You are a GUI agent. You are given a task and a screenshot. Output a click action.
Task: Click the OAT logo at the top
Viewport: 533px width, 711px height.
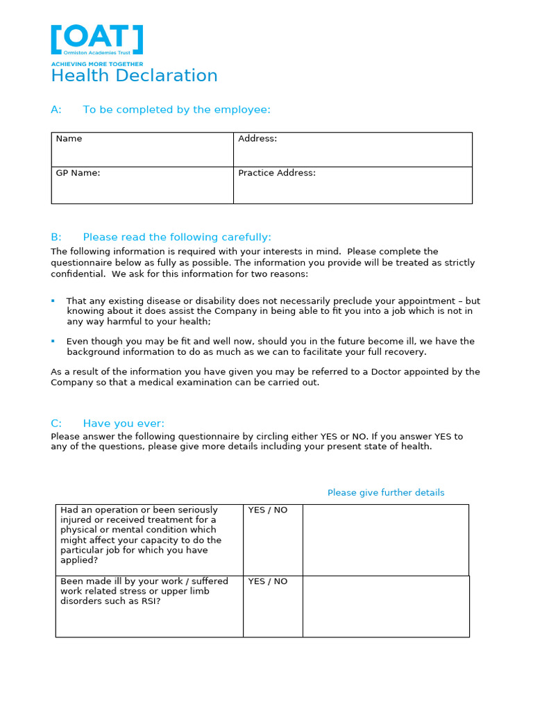pos(97,40)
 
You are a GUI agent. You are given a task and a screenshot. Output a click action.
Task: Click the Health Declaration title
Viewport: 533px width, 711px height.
pos(134,76)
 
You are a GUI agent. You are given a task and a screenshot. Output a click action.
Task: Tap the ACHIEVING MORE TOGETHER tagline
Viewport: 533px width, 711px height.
pos(96,64)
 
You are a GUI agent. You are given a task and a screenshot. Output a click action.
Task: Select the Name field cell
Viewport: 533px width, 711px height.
pos(142,149)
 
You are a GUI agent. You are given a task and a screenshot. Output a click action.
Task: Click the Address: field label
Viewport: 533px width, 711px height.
pos(257,139)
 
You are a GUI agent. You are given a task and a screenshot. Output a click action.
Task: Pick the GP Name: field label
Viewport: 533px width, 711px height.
pos(78,174)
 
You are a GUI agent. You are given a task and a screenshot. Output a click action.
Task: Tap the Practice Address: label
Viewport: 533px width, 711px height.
pos(277,174)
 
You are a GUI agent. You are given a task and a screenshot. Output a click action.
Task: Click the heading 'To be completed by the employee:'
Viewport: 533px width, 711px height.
pos(176,110)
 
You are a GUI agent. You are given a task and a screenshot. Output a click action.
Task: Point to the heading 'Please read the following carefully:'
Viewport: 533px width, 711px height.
pos(177,237)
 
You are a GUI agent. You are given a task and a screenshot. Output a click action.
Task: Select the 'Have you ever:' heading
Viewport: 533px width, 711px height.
pos(124,424)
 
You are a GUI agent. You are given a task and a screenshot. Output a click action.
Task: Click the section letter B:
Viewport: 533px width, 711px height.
pos(56,237)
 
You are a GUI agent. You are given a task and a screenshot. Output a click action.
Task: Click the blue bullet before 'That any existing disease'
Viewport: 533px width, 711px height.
pos(53,301)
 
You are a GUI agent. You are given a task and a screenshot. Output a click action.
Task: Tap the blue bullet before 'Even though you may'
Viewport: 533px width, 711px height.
pos(53,341)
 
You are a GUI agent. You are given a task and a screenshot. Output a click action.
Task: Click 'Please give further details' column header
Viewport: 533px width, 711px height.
pos(386,493)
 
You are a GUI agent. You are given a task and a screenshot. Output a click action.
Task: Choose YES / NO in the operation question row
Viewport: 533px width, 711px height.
pos(268,510)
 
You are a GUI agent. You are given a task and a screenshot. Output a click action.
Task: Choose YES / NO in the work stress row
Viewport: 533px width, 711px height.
pos(268,582)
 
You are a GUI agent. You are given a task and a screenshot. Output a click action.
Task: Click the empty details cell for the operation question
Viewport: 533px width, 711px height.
pos(385,539)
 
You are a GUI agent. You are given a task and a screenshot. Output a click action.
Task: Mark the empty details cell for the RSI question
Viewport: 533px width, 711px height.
pos(385,606)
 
